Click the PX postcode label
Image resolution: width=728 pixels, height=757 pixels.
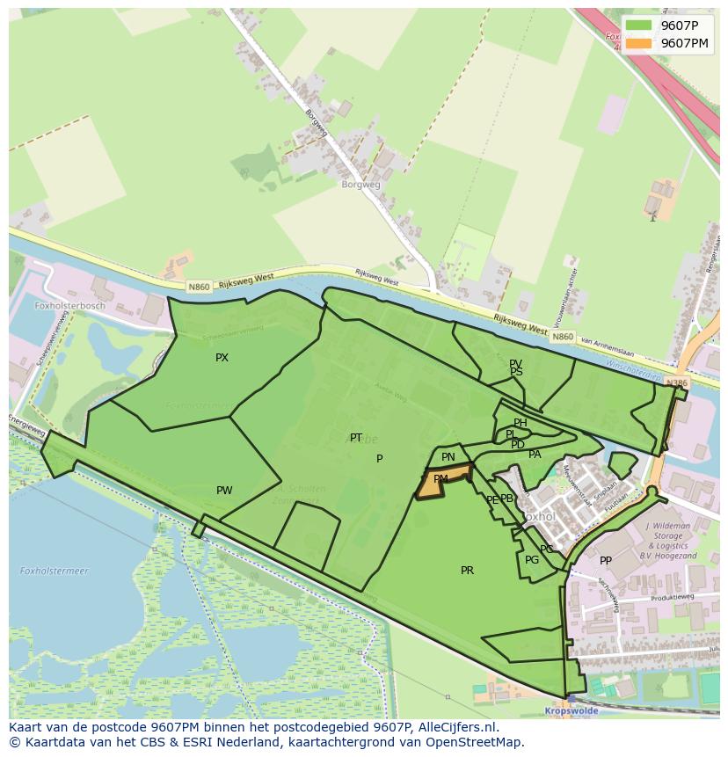click(x=222, y=358)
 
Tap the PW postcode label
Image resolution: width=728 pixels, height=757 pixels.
click(x=224, y=491)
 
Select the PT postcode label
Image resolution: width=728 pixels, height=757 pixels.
click(x=356, y=438)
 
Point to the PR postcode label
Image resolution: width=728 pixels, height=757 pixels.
click(x=467, y=571)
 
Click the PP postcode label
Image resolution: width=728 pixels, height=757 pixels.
click(x=605, y=561)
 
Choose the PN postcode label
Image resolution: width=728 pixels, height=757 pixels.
click(x=448, y=457)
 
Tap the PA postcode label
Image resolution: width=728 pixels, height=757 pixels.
click(x=535, y=455)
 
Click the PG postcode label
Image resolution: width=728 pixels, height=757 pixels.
click(x=532, y=560)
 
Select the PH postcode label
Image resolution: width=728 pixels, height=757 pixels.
click(x=521, y=423)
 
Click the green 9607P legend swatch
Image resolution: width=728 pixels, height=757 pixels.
click(x=639, y=25)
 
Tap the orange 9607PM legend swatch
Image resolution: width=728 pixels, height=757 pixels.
click(x=639, y=43)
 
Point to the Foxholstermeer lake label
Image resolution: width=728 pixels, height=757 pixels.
click(x=55, y=571)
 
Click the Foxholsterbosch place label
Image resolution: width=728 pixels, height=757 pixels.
click(x=69, y=306)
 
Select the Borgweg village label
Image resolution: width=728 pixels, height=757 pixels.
click(x=361, y=185)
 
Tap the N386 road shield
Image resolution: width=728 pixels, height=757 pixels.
click(x=676, y=383)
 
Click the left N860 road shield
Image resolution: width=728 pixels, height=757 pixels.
click(x=198, y=287)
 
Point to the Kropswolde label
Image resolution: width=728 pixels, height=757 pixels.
click(x=571, y=710)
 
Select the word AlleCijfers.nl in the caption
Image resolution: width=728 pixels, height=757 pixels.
click(x=458, y=727)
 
